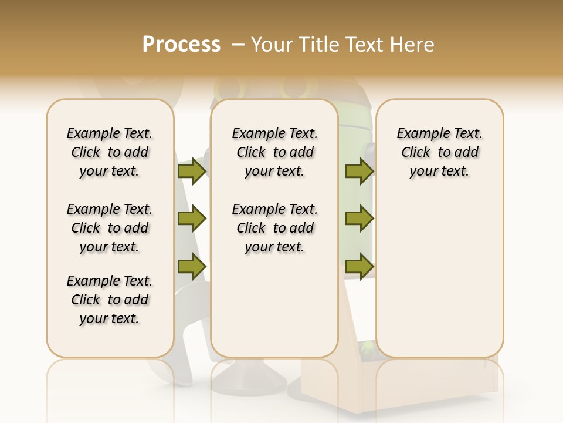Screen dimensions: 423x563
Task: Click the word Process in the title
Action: pos(181,45)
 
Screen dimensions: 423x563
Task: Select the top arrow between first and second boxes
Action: pos(192,171)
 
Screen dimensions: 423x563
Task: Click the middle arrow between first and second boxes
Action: pos(192,219)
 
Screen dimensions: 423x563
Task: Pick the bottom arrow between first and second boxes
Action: pos(192,266)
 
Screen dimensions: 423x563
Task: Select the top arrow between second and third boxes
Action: pos(359,171)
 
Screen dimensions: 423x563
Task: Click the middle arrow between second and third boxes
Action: pos(359,219)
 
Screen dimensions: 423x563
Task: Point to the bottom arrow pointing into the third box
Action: pos(359,266)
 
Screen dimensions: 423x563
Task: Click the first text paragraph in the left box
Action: pos(110,152)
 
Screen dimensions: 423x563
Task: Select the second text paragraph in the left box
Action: pos(110,228)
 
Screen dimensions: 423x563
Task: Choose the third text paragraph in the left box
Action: pos(110,300)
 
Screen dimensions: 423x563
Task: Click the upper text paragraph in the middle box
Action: pos(274,152)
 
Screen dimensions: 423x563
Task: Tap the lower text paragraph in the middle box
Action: pos(274,228)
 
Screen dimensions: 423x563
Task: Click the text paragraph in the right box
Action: pos(440,152)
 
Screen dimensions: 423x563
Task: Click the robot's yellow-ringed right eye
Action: pos(291,88)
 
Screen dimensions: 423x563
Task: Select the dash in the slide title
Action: pos(238,45)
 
